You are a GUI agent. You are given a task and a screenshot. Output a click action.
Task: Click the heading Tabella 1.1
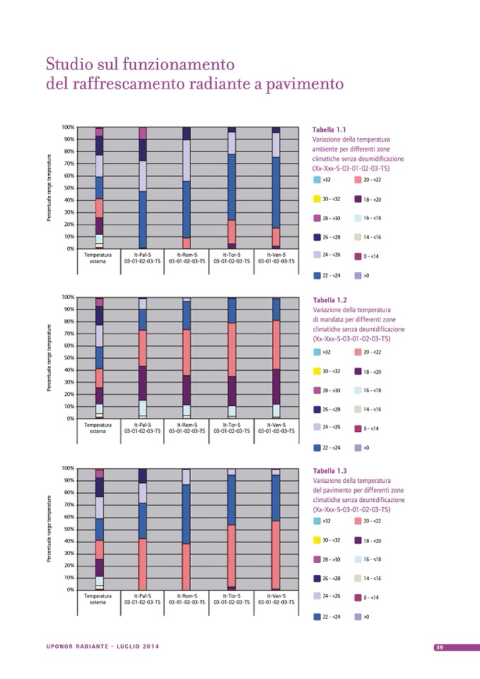(x=329, y=130)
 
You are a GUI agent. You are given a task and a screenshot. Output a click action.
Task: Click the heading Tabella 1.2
(x=329, y=299)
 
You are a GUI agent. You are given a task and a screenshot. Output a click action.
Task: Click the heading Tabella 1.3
(x=329, y=471)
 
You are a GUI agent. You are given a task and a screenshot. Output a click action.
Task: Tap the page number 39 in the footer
(x=439, y=647)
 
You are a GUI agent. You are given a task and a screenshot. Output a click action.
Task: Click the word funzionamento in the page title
(x=158, y=64)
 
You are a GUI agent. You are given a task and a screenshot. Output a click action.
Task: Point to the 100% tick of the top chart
(x=68, y=127)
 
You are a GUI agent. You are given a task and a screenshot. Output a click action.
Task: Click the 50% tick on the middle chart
(x=69, y=358)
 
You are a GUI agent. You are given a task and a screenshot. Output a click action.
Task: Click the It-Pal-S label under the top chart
(x=143, y=253)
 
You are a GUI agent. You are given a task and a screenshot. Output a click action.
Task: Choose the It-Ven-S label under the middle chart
(x=275, y=423)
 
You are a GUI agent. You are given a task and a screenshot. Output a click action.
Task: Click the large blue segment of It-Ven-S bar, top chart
(x=275, y=191)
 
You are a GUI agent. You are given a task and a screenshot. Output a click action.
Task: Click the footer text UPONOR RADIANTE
(x=78, y=647)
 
